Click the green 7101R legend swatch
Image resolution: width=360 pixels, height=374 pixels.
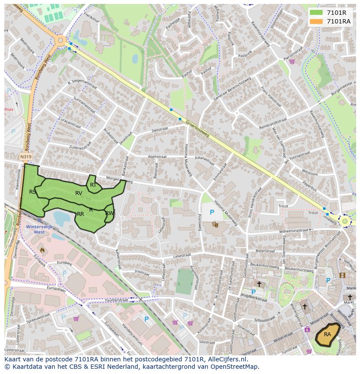point(316,13)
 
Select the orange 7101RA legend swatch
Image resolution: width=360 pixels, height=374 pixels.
point(316,21)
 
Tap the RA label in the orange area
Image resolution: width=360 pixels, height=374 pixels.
point(327,334)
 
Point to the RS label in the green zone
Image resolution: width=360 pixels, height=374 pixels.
point(33,192)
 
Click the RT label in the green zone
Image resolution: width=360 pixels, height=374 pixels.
point(93,185)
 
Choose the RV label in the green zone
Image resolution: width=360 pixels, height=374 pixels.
point(79,193)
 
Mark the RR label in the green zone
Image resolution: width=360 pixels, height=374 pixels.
point(80,214)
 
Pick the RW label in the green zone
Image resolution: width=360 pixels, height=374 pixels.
point(109,213)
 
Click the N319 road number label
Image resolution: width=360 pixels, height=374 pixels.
point(26,157)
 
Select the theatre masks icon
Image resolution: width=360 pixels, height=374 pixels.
point(215,224)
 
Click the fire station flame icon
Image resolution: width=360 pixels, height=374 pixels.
point(42,250)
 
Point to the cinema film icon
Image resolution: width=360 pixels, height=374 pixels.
point(342,275)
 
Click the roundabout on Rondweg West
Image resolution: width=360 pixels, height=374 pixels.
point(60,41)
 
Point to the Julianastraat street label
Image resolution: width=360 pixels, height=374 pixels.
point(205,159)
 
